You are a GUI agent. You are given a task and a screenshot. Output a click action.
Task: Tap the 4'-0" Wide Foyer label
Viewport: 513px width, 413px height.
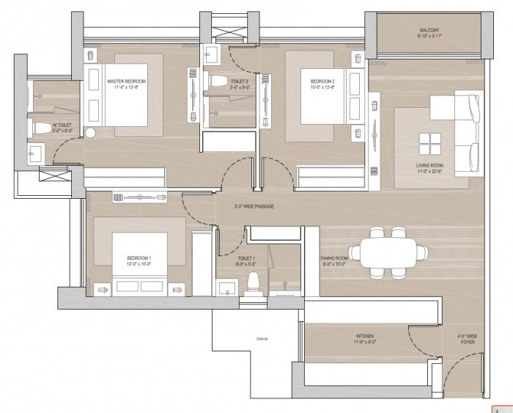(467, 339)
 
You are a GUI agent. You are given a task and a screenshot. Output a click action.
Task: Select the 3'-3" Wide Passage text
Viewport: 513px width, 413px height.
(254, 207)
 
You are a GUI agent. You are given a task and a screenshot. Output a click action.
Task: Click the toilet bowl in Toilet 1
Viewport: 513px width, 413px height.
(254, 282)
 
